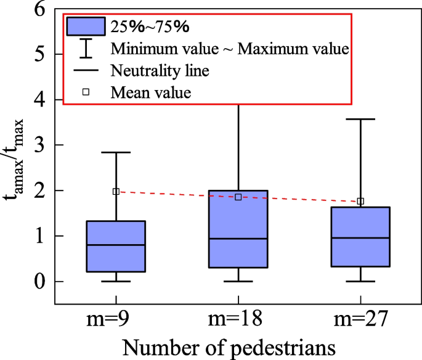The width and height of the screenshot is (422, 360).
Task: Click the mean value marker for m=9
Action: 116,192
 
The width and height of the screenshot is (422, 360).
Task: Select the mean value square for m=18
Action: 238,197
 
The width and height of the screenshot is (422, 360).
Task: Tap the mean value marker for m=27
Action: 360,201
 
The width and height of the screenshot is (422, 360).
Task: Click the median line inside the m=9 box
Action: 116,245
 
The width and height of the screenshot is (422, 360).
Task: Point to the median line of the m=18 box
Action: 238,239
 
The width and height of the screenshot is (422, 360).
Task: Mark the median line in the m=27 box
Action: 360,238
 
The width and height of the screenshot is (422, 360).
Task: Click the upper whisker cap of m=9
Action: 116,152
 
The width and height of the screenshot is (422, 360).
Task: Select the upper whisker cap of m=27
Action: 360,119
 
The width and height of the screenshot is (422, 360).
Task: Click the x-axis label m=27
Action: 360,319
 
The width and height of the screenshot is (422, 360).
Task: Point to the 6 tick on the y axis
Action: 40,9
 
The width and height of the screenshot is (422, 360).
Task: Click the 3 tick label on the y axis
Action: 40,145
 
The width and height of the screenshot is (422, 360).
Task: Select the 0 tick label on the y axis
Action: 40,282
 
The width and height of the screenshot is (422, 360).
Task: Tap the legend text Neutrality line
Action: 160,70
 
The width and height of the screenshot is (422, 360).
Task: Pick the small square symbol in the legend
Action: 86,92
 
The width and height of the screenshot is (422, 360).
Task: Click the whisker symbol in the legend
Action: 86,48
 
